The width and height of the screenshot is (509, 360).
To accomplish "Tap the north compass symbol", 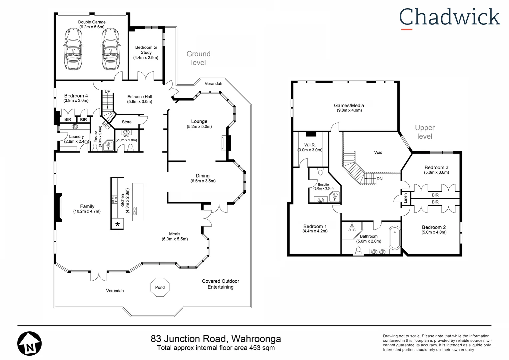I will click(29, 344).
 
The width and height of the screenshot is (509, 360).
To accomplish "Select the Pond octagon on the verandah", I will click(160, 287).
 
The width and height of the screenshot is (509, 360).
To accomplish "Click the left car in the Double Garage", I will click(73, 49).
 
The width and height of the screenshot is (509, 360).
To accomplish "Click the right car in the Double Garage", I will click(110, 49).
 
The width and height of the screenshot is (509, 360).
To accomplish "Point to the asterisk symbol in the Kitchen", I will click(117, 224).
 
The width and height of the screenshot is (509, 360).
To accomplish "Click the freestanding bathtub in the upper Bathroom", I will click(395, 238).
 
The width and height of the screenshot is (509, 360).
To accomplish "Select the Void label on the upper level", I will click(378, 152).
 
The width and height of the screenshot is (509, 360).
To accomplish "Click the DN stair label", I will click(379, 179).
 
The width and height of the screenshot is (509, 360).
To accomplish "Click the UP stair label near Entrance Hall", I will click(108, 91).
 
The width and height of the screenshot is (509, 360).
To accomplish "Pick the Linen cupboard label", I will click(405, 198).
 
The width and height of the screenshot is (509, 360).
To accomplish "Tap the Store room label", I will click(127, 122).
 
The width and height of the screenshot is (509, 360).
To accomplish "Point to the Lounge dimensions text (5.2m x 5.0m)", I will click(199, 127).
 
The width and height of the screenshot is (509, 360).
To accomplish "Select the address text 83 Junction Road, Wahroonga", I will click(216, 339).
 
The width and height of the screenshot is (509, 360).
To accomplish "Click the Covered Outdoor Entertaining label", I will click(220, 284).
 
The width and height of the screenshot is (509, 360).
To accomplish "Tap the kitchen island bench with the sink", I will click(138, 202).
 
